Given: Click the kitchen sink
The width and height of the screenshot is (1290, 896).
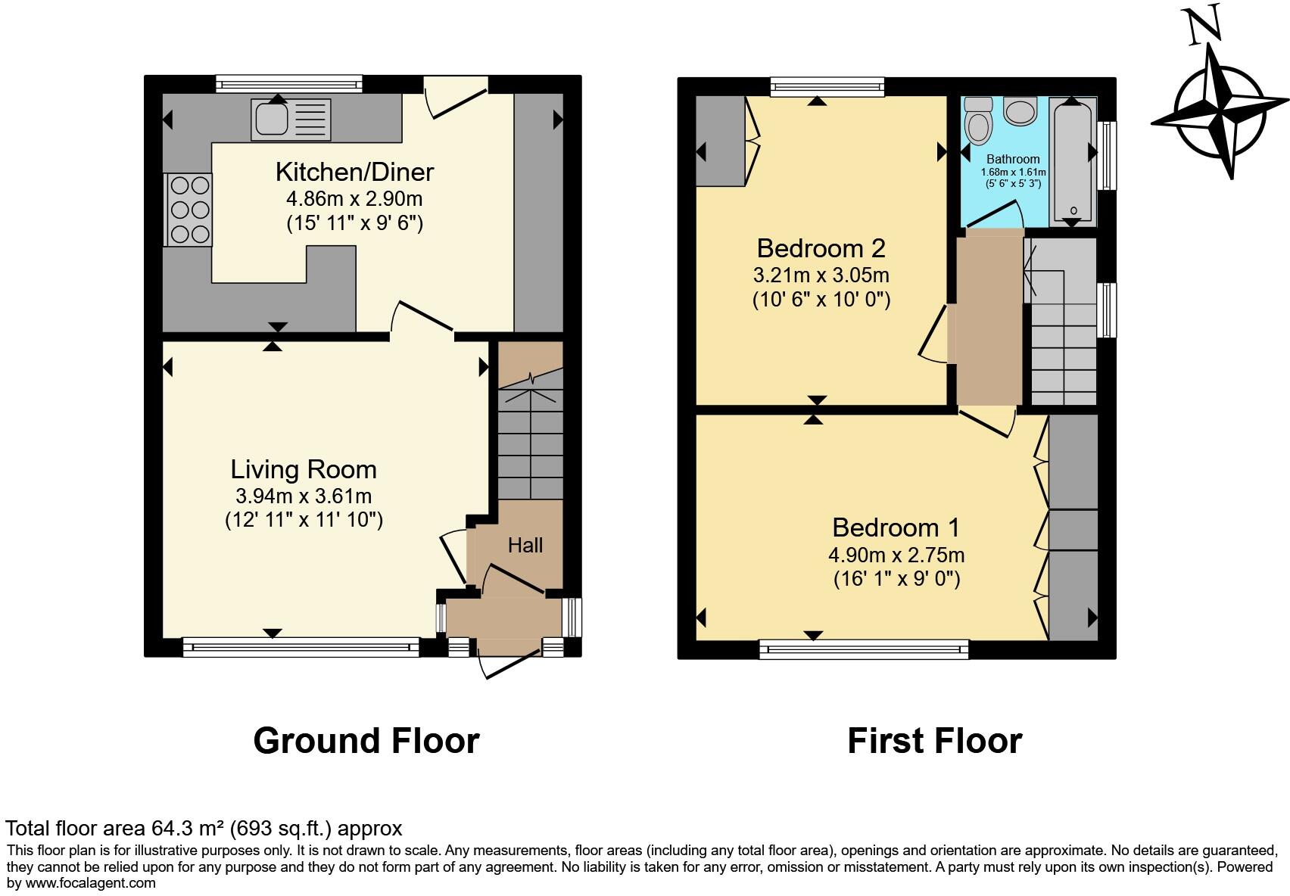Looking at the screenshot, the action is pyautogui.click(x=291, y=120).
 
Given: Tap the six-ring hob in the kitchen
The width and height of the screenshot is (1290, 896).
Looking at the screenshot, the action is pyautogui.click(x=189, y=210).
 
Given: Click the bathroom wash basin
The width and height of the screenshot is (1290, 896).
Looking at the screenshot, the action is pyautogui.click(x=1020, y=111).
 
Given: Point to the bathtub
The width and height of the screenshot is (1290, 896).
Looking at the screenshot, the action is pyautogui.click(x=1073, y=161).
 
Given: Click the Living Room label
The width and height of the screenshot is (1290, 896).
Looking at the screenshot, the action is pyautogui.click(x=304, y=469).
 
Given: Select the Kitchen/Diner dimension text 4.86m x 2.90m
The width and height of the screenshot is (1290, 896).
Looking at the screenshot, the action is pyautogui.click(x=354, y=199).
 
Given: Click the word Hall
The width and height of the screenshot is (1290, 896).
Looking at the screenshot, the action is pyautogui.click(x=525, y=545).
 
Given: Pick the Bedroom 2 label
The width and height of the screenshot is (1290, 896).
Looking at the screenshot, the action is pyautogui.click(x=821, y=248).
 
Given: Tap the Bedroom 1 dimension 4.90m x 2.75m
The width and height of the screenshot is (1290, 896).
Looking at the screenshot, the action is pyautogui.click(x=896, y=555).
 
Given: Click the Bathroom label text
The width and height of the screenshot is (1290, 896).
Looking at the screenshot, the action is pyautogui.click(x=1013, y=159).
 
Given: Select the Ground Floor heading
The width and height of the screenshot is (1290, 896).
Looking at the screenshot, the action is pyautogui.click(x=366, y=741).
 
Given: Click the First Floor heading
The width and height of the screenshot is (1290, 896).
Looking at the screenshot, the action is pyautogui.click(x=935, y=741).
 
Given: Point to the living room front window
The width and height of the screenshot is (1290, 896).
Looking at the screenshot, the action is pyautogui.click(x=301, y=647).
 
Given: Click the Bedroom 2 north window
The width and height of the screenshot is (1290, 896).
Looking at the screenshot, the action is pyautogui.click(x=827, y=86).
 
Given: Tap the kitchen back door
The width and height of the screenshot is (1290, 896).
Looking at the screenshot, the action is pyautogui.click(x=456, y=97).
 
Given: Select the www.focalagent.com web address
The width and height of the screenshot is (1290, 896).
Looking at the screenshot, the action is pyautogui.click(x=90, y=882).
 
